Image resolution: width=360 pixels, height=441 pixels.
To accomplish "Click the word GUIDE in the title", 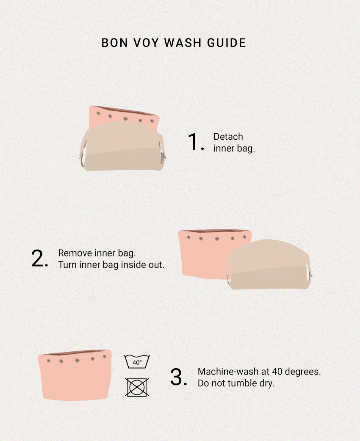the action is (x=227, y=43).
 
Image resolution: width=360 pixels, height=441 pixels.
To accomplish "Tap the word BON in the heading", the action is (x=114, y=43).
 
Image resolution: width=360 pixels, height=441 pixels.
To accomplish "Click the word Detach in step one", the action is (x=228, y=137).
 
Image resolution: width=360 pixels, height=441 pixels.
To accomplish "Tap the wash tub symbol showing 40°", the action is (x=137, y=361).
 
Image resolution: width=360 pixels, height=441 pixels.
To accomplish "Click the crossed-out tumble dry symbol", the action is (x=137, y=387).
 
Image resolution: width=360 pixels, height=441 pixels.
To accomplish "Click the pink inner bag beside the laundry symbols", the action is (x=75, y=375).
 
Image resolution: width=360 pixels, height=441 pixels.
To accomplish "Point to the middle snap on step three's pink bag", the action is (x=77, y=360).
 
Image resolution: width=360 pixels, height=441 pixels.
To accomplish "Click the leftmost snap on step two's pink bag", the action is (x=188, y=237).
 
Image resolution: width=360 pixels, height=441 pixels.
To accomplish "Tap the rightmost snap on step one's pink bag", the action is (x=152, y=121).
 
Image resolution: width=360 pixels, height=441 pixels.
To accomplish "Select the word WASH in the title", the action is (x=183, y=43).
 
